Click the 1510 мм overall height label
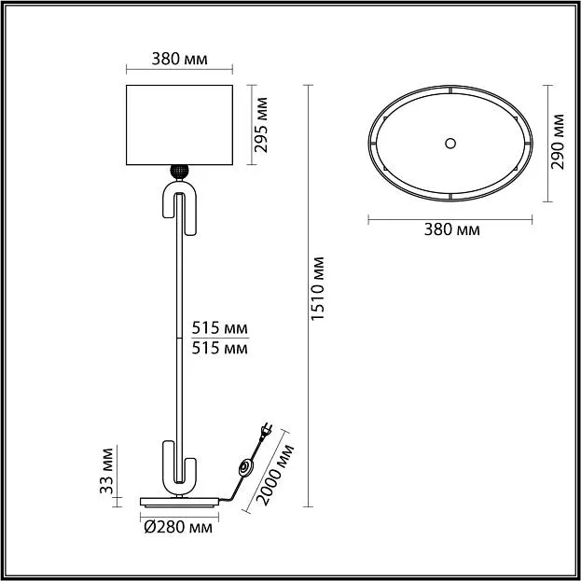[x=317, y=288]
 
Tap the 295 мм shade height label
[x=261, y=125]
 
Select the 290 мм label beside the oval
[x=558, y=142]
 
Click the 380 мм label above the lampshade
[x=179, y=59]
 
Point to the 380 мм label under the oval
[x=451, y=229]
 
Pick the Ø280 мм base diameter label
[x=178, y=527]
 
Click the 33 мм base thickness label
[x=106, y=471]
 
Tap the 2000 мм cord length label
[x=274, y=475]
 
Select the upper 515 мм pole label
[x=219, y=328]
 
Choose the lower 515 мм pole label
[x=219, y=348]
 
